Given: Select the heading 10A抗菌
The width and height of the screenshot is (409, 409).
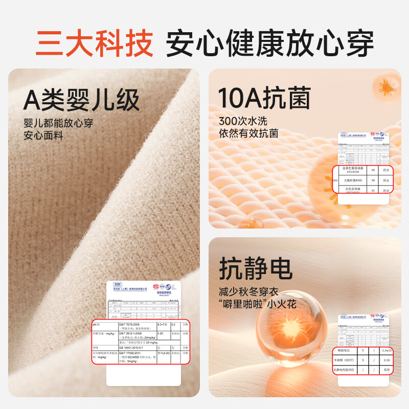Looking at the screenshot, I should point(264,97).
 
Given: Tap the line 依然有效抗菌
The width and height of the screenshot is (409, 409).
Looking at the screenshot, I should point(248,134).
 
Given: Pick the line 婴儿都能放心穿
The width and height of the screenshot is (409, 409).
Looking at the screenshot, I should point(58,123).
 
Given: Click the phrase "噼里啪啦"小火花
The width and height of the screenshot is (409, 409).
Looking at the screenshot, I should point(258,305).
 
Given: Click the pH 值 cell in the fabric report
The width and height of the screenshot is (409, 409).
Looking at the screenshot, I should point(98,325).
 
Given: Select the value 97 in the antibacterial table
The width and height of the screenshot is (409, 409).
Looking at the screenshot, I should point(373,190).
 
